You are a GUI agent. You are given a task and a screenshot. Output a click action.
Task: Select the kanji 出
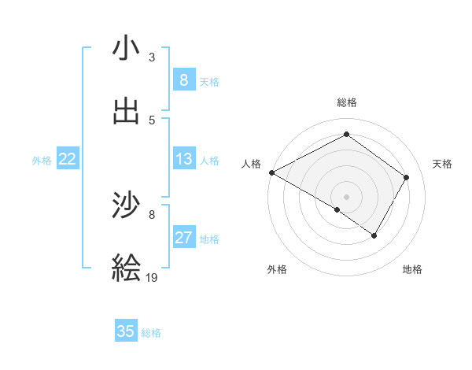tap(127, 111)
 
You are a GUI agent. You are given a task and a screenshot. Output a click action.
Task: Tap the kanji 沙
tap(127, 205)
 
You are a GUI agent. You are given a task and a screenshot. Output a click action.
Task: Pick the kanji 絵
tap(127, 268)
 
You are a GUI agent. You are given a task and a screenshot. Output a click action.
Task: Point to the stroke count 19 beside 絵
tap(152, 277)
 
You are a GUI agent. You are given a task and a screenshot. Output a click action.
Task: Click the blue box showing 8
tap(183, 80)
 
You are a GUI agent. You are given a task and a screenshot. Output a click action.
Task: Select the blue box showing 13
tap(183, 159)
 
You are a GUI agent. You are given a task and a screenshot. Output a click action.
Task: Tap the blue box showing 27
tap(183, 238)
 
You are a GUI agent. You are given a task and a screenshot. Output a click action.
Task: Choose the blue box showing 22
tap(67, 159)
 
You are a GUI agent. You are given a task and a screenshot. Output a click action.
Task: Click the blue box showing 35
tap(126, 331)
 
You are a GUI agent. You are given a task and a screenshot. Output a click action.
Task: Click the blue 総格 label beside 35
tap(151, 333)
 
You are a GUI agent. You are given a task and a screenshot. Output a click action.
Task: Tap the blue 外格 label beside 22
tap(42, 161)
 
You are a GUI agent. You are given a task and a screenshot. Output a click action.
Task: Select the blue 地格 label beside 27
tap(209, 239)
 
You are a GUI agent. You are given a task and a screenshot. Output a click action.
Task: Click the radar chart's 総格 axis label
tap(347, 102)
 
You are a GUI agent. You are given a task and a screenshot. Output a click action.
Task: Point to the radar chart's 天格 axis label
tap(443, 164)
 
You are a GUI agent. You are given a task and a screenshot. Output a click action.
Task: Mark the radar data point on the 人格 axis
tap(271, 172)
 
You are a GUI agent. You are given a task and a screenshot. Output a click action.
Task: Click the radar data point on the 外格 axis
tap(337, 210)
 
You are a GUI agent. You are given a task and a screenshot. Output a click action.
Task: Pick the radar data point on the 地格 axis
tap(374, 235)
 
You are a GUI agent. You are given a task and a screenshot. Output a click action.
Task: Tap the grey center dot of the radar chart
tap(346, 196)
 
